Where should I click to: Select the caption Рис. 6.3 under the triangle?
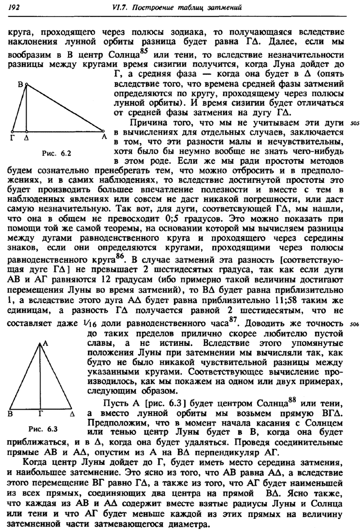[x=43, y=429]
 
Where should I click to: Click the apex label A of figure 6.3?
[x=46, y=342]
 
